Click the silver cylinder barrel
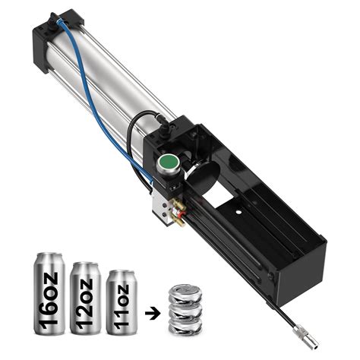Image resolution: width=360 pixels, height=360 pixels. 114,84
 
